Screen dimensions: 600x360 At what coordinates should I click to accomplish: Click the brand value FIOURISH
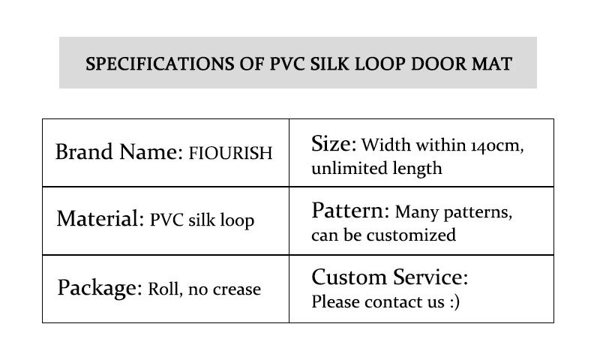pos(230,154)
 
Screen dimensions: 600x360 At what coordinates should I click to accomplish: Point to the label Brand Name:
pos(118,152)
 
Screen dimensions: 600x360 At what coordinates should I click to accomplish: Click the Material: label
pos(100,220)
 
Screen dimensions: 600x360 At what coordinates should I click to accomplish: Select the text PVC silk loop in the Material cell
pos(202,220)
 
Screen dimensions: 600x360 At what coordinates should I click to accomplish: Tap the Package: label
pos(100,288)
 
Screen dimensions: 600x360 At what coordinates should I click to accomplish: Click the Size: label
pos(334,144)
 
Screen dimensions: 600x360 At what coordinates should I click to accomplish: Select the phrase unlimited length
pos(376,168)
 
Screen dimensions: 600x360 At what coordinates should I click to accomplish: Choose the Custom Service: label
pos(389,278)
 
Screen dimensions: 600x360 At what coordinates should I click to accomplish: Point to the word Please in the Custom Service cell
pos(334,302)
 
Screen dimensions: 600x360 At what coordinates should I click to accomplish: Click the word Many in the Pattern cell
pos(415,212)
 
